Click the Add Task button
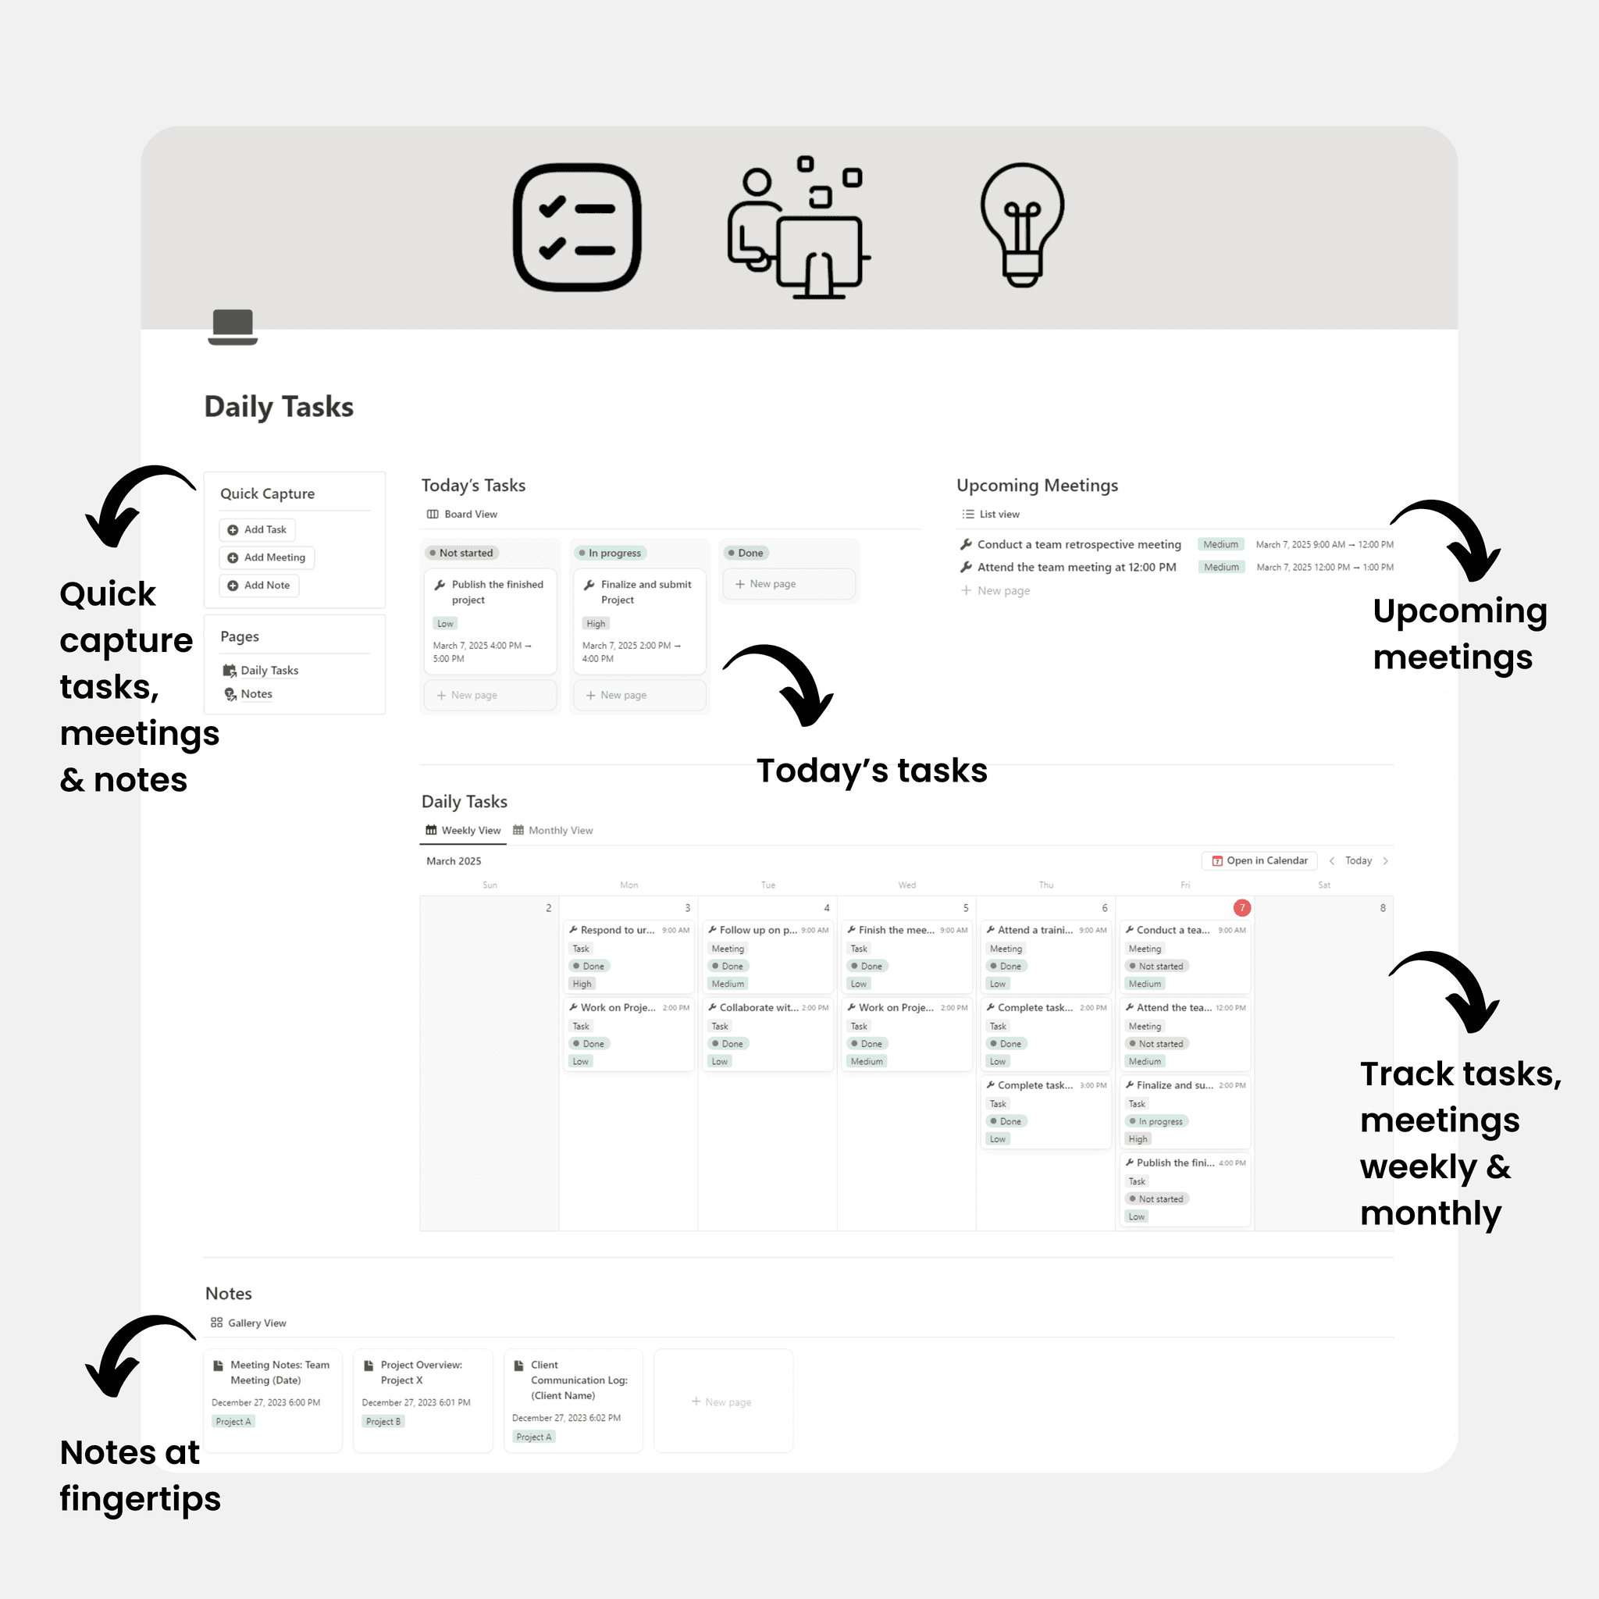tap(257, 529)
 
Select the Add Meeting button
tap(266, 557)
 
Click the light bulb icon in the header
tap(1022, 225)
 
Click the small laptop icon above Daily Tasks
tap(233, 326)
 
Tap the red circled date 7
tap(1241, 908)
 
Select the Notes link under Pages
tap(256, 693)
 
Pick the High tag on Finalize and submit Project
tap(596, 623)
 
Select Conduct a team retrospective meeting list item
tap(1078, 545)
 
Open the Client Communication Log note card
tap(579, 1380)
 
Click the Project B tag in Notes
tap(383, 1421)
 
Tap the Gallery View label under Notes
tap(257, 1323)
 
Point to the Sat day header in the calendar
tap(1323, 885)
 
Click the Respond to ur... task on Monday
tap(617, 930)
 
